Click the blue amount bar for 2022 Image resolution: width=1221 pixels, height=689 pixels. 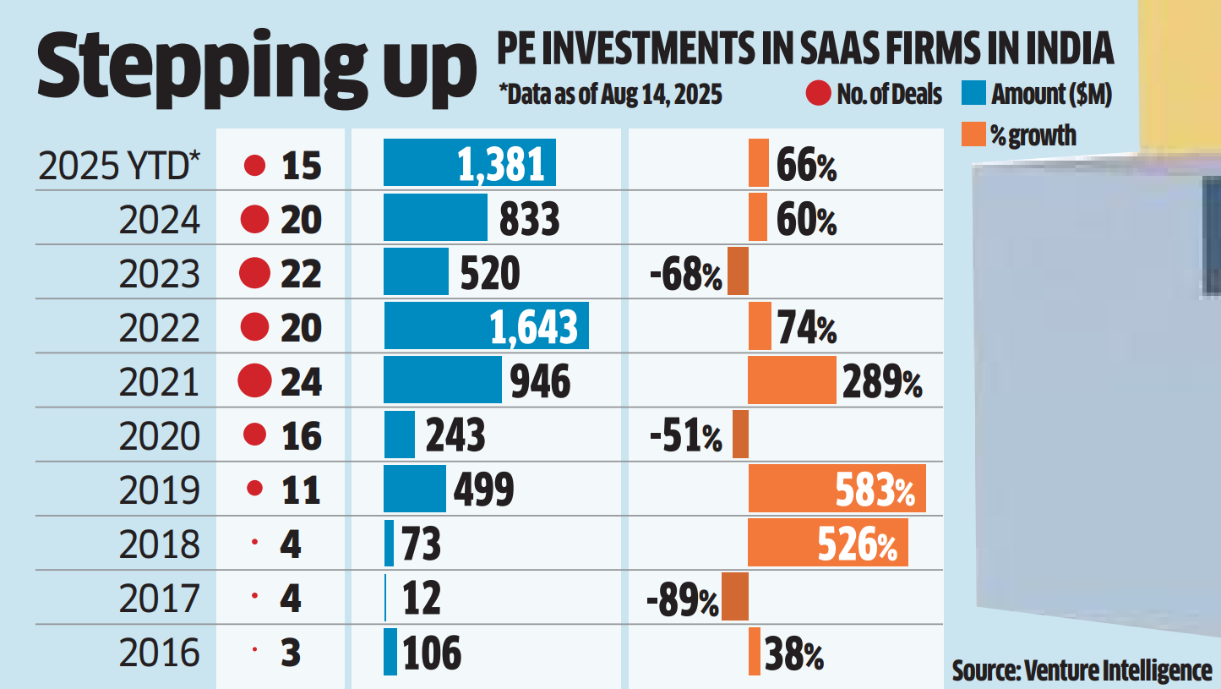[x=486, y=326]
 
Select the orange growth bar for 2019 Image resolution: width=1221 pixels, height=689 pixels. [x=837, y=489]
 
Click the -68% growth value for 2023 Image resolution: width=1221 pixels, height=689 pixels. [x=685, y=273]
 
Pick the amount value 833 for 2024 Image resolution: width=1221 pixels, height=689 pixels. [x=529, y=219]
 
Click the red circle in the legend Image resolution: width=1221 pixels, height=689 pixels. [x=817, y=95]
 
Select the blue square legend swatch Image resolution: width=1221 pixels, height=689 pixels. [x=974, y=95]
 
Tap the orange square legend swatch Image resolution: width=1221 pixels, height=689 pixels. [x=973, y=134]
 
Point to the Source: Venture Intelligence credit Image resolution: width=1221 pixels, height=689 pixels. [x=1082, y=670]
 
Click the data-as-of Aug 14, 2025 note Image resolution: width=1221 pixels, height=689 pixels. [x=610, y=95]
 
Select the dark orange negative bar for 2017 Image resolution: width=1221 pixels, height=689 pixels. [x=735, y=597]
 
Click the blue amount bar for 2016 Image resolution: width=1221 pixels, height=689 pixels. [x=390, y=652]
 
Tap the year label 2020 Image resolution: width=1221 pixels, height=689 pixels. [x=160, y=435]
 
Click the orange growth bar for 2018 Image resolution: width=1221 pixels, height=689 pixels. [x=828, y=543]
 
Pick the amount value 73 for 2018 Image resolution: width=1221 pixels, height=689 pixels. [x=420, y=544]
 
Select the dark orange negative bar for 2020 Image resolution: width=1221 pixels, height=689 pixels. [x=740, y=435]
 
